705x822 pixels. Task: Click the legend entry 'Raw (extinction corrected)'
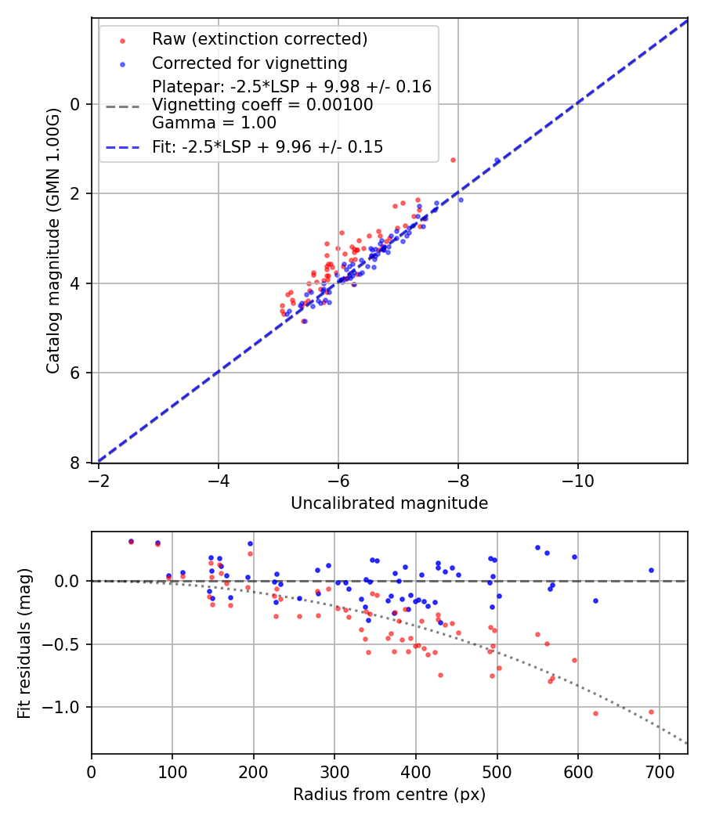pos(259,39)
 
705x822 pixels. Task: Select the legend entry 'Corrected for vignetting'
pos(249,63)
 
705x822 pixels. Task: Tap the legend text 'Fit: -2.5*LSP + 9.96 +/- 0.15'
pos(267,147)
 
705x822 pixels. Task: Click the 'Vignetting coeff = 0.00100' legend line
pos(262,105)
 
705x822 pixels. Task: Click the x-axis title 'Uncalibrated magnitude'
pos(389,503)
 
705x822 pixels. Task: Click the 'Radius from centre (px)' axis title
pos(389,795)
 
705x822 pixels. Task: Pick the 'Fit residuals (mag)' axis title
pos(24,644)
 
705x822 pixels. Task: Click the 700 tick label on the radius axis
pos(659,772)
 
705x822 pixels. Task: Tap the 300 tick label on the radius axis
pos(334,772)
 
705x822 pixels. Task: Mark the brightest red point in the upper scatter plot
pos(453,160)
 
